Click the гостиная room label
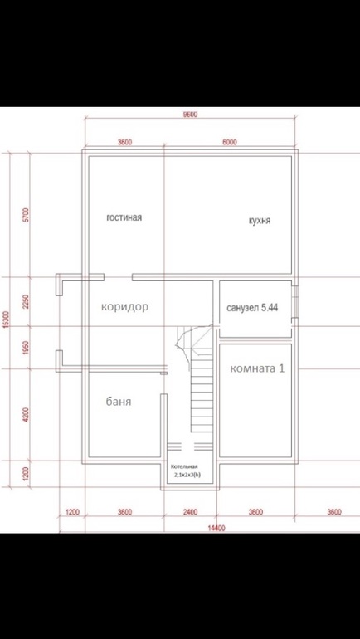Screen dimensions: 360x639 [x=124, y=217]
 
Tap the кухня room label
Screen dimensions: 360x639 [x=260, y=221]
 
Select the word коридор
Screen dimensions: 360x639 [x=124, y=307]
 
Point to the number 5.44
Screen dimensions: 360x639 [x=270, y=308]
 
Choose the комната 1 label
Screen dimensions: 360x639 [x=257, y=368]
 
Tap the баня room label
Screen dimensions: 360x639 [x=119, y=402]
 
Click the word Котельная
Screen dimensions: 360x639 [x=184, y=467]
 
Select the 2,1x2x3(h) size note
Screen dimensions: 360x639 [x=187, y=475]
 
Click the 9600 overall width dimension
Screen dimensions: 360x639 [x=191, y=115]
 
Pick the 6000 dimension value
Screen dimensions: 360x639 [x=230, y=142]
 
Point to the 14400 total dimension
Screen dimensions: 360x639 [x=216, y=529]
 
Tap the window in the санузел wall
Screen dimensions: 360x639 [x=296, y=301]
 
